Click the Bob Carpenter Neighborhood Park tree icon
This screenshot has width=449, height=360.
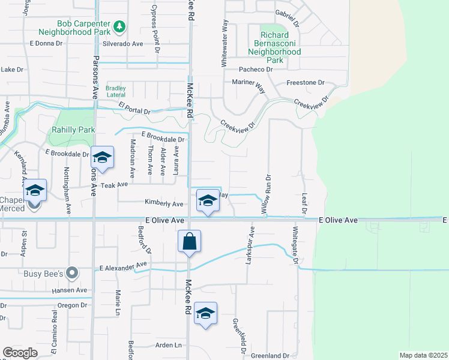point(119,27)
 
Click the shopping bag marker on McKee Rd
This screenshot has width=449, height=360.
point(189,242)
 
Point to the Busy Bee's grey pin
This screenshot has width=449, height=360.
point(72,273)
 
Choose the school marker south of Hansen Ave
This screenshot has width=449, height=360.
point(205,314)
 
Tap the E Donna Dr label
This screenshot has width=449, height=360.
point(46,44)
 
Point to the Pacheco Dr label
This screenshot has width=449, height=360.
point(256,70)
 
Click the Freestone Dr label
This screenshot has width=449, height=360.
point(305,82)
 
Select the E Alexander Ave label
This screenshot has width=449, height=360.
point(123,265)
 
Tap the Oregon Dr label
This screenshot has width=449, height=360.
point(73,305)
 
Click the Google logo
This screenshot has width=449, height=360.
point(20,353)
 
